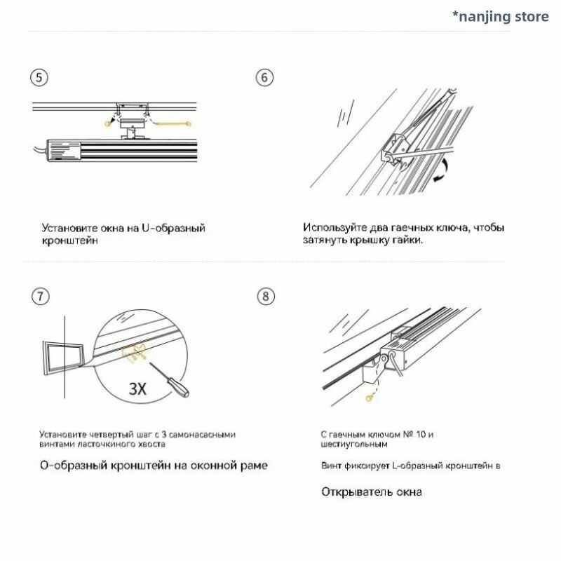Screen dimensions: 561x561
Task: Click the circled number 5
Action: click(x=39, y=78)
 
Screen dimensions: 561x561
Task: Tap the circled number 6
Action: click(x=264, y=78)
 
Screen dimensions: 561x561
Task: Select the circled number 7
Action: click(x=41, y=297)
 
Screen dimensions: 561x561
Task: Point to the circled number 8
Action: click(x=266, y=297)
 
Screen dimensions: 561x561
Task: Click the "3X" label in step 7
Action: click(x=137, y=389)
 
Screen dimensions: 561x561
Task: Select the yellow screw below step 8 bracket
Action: click(x=370, y=397)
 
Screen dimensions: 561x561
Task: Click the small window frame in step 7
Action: click(x=62, y=358)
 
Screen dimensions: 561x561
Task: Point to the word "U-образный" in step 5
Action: click(x=173, y=228)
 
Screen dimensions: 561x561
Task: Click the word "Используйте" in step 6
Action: click(x=334, y=227)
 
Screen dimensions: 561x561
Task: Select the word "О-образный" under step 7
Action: click(x=74, y=466)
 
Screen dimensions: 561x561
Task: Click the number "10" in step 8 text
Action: click(x=421, y=434)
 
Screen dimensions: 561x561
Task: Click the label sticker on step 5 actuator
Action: click(x=65, y=150)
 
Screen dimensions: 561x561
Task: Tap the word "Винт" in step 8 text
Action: click(x=331, y=466)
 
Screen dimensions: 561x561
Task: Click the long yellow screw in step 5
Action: click(x=173, y=124)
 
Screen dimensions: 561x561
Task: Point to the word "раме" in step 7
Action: click(x=254, y=466)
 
